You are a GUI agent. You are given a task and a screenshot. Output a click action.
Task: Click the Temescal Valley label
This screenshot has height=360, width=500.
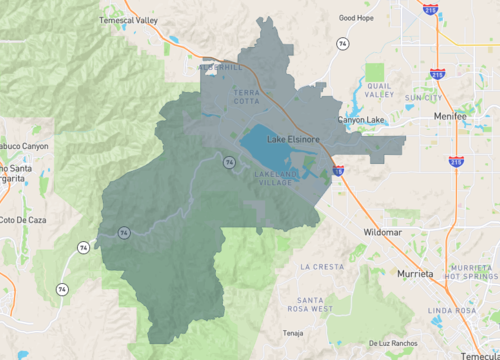pos(129,20)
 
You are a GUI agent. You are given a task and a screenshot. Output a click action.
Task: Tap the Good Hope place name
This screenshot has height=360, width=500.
pos(356,17)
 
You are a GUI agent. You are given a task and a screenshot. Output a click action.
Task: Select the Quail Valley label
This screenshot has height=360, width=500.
pos(380,91)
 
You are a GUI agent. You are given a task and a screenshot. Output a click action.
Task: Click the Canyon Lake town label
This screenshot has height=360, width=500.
pos(360,120)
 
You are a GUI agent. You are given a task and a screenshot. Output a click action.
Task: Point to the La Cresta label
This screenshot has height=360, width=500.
pos(322,267)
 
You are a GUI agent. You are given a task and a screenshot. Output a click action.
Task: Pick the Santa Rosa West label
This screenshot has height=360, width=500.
pos(309,304)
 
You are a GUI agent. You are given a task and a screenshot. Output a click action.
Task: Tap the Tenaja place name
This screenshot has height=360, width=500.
pos(292,333)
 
